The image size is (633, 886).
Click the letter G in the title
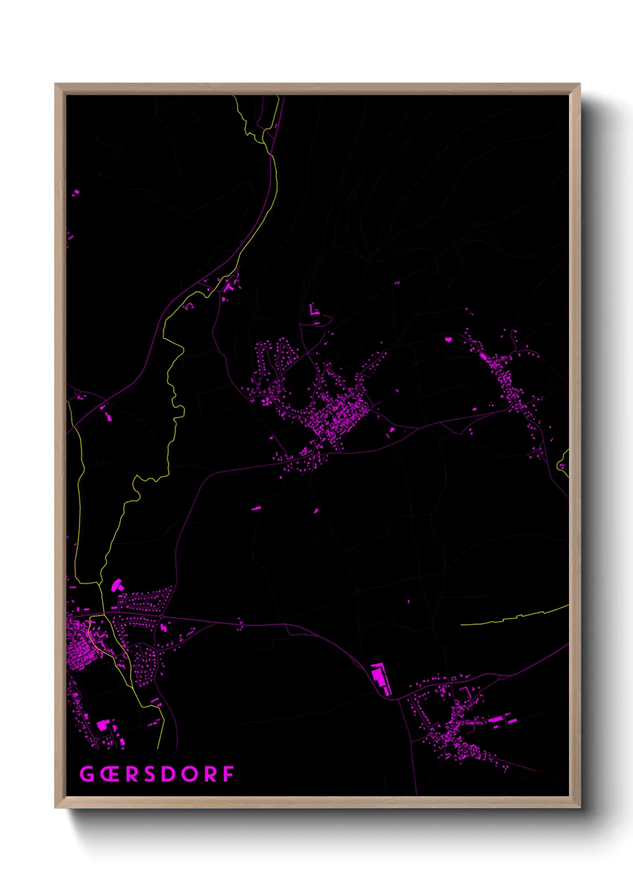pos(87,774)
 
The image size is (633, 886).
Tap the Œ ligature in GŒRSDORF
pos(109,774)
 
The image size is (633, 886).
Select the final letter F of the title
pos(228,774)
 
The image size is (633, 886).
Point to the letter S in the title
pos(150,774)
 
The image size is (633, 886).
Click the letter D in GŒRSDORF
pos(169,774)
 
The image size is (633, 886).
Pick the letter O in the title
pos(189,774)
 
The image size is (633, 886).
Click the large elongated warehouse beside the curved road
pos(380,678)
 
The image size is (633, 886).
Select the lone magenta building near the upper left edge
pos(76,193)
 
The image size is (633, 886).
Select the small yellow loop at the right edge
pos(562,464)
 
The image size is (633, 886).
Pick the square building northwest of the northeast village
pos(448,339)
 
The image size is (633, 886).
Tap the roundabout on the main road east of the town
pos(162,617)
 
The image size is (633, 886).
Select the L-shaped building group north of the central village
pos(314,311)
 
